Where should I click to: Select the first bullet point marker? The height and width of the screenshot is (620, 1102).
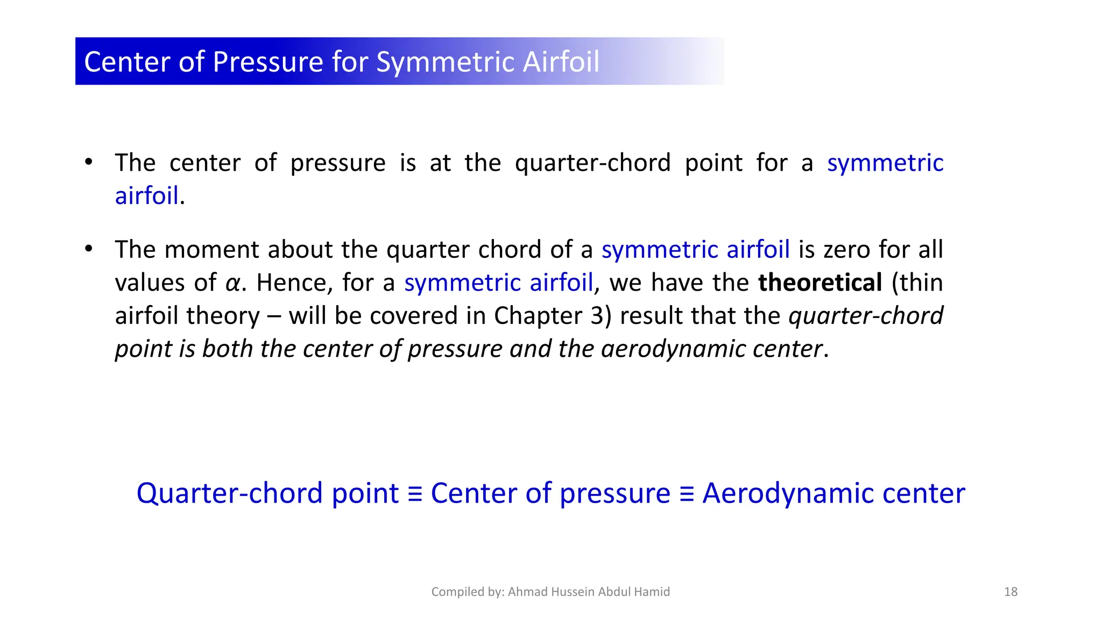[89, 162]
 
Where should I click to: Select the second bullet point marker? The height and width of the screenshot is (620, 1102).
[89, 249]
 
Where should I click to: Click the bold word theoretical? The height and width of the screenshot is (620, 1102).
[820, 283]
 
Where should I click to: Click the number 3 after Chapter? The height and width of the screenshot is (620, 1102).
[597, 316]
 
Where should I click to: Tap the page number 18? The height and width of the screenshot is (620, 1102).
[1011, 592]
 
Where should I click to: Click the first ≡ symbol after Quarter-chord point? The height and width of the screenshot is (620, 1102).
[414, 494]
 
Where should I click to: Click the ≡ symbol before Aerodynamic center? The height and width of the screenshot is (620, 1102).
[686, 494]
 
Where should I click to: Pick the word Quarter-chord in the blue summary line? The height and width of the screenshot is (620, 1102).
[229, 494]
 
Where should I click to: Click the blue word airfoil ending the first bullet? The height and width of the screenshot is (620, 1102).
[146, 196]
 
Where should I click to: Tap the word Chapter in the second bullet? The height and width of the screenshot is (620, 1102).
[538, 316]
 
